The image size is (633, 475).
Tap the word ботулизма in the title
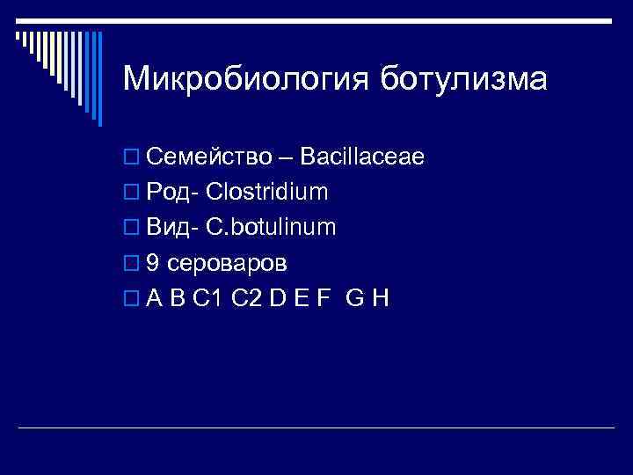(463, 80)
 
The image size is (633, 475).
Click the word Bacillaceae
(362, 157)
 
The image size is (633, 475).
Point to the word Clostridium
(267, 193)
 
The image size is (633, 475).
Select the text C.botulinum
(271, 228)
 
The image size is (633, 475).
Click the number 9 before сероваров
(153, 263)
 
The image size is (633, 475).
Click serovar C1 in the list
(207, 298)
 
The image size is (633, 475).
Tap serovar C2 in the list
(247, 298)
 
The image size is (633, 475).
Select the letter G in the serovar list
(355, 298)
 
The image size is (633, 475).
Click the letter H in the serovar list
(380, 298)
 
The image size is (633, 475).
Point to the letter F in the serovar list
(324, 298)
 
